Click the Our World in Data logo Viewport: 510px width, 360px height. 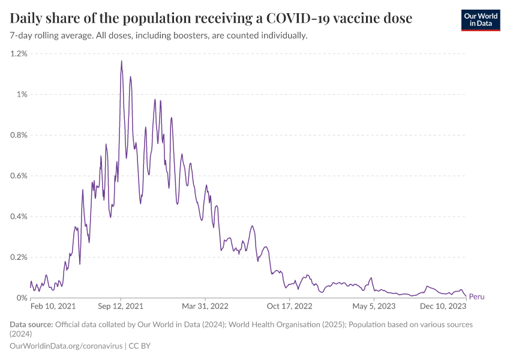(x=481, y=20)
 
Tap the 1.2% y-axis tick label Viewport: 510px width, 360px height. (x=19, y=53)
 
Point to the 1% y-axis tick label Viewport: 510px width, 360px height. (x=22, y=94)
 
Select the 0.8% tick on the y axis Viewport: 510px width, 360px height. (x=19, y=135)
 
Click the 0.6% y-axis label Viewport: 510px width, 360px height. (x=19, y=176)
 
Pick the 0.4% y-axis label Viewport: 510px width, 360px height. (x=19, y=217)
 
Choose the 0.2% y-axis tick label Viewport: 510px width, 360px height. (x=19, y=257)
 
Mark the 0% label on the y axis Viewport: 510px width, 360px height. (x=22, y=298)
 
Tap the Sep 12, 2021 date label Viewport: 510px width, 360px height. (x=121, y=306)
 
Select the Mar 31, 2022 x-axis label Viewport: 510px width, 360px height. (x=206, y=306)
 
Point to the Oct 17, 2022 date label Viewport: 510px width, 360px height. (x=290, y=306)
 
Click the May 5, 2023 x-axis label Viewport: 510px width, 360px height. (x=374, y=306)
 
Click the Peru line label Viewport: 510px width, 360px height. (x=476, y=296)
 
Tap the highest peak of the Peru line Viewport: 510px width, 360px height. (x=122, y=61)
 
